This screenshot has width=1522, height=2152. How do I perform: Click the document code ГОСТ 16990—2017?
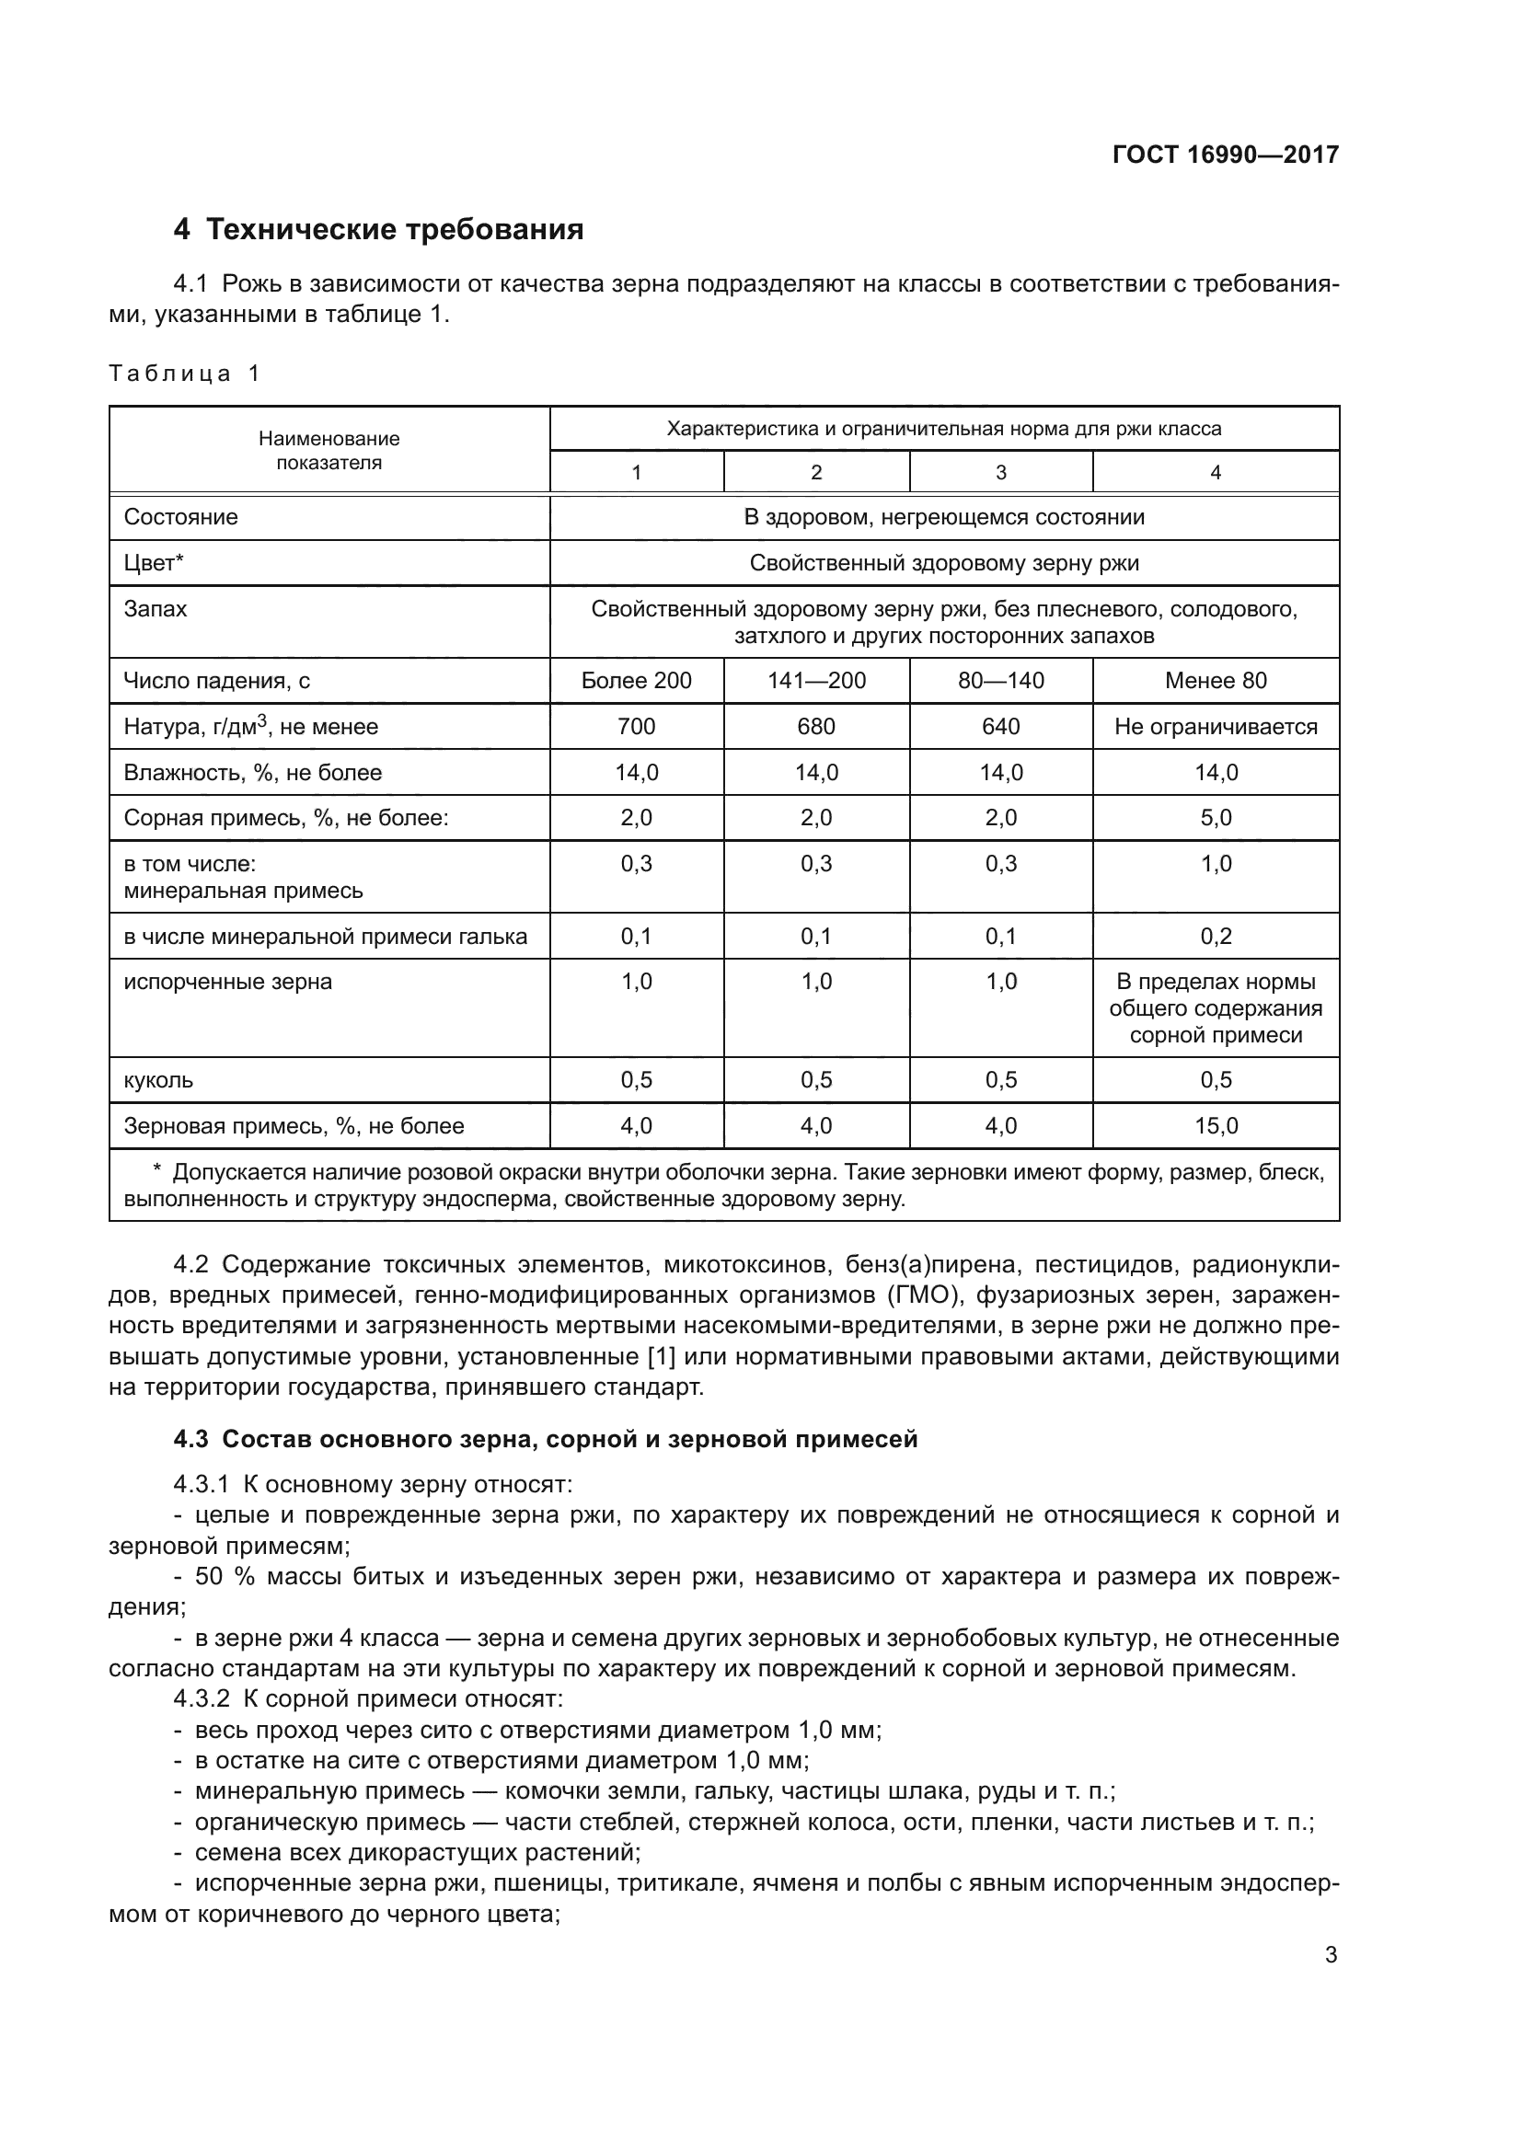[x=1225, y=155]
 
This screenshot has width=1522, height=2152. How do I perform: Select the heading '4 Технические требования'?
[x=377, y=230]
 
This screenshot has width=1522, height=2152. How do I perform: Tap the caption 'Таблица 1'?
[x=184, y=374]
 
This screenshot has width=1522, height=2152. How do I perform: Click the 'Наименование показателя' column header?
[x=329, y=451]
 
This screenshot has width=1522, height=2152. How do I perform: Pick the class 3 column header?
[x=1000, y=472]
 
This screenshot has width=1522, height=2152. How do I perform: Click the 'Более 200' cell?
[x=637, y=682]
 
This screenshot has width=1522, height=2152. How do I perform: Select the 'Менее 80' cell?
[x=1216, y=682]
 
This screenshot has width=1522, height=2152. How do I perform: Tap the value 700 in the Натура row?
[x=637, y=728]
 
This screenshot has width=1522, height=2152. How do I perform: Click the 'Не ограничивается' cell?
[x=1216, y=728]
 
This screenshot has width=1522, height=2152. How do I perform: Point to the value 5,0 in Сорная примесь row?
[x=1216, y=818]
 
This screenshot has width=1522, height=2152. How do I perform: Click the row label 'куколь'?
[x=158, y=1081]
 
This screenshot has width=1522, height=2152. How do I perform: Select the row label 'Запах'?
[x=156, y=609]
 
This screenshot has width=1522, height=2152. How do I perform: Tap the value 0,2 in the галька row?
[x=1216, y=937]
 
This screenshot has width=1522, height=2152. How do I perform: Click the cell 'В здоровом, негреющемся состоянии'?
[x=944, y=517]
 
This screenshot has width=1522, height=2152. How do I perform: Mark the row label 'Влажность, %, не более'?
[x=253, y=773]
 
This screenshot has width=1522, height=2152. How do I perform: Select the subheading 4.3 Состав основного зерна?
[x=546, y=1440]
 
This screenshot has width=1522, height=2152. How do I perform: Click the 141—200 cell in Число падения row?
[x=816, y=682]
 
